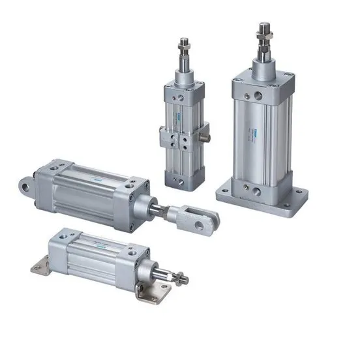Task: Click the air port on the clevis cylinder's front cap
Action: (136, 188)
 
